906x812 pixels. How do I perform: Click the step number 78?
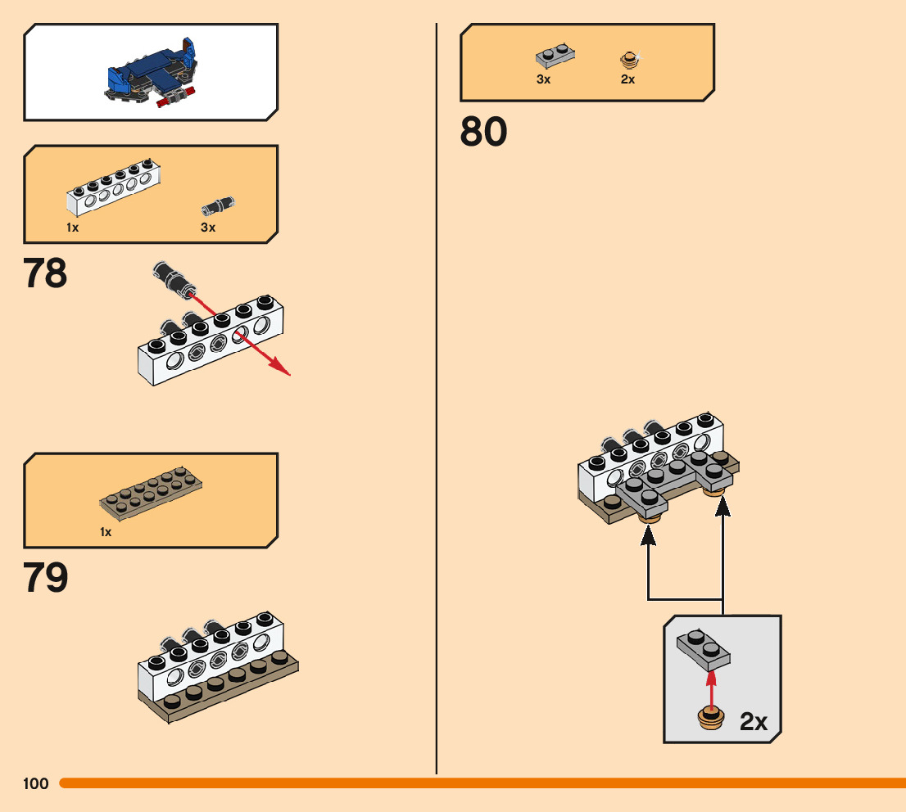click(46, 273)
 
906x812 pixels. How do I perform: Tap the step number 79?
click(46, 578)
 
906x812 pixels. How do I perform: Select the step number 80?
click(483, 131)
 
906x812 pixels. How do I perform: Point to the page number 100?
click(36, 784)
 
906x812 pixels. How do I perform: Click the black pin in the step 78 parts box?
click(218, 205)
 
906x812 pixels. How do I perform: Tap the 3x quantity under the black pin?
click(208, 228)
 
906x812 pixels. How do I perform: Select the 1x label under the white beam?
click(73, 228)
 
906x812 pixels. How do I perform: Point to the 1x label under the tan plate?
click(106, 532)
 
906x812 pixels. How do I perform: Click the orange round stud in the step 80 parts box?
click(628, 59)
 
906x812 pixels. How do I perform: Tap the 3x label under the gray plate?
click(543, 79)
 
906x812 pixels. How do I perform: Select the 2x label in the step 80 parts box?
click(628, 79)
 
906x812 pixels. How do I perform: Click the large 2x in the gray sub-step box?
click(753, 721)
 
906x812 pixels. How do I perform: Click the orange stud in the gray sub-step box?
click(711, 717)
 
